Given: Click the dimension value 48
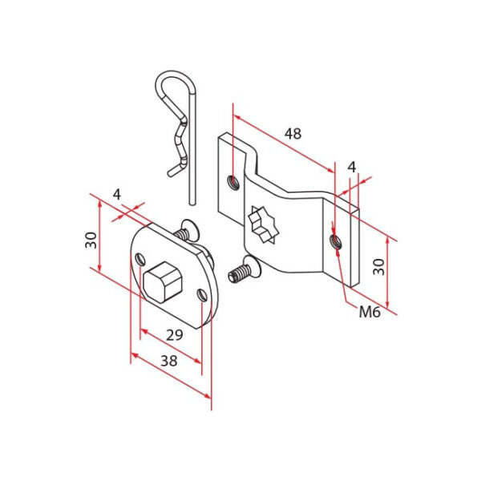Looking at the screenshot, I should pyautogui.click(x=293, y=134).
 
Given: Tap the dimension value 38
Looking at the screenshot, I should pyautogui.click(x=168, y=361).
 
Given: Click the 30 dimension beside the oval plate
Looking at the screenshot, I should pyautogui.click(x=91, y=238).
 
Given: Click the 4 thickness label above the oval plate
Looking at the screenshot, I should pyautogui.click(x=116, y=194).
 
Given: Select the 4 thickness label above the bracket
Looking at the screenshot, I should pyautogui.click(x=350, y=167).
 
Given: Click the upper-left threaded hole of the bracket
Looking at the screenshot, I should pyautogui.click(x=232, y=182).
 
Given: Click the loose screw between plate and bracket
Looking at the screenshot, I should pyautogui.click(x=243, y=271).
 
